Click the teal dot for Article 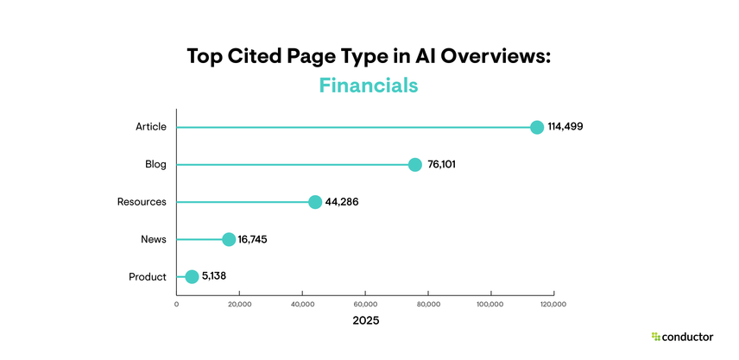[536, 127]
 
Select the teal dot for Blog [415, 164]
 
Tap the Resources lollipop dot [315, 202]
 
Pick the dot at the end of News [229, 239]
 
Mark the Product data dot [192, 276]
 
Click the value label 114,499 [565, 127]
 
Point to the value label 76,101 [441, 164]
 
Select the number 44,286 [341, 202]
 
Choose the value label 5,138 [213, 276]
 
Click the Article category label [150, 127]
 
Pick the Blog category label [155, 164]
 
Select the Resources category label [142, 202]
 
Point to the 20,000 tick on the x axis [239, 304]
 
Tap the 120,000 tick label [553, 304]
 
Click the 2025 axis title [365, 320]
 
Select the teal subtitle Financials [369, 85]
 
